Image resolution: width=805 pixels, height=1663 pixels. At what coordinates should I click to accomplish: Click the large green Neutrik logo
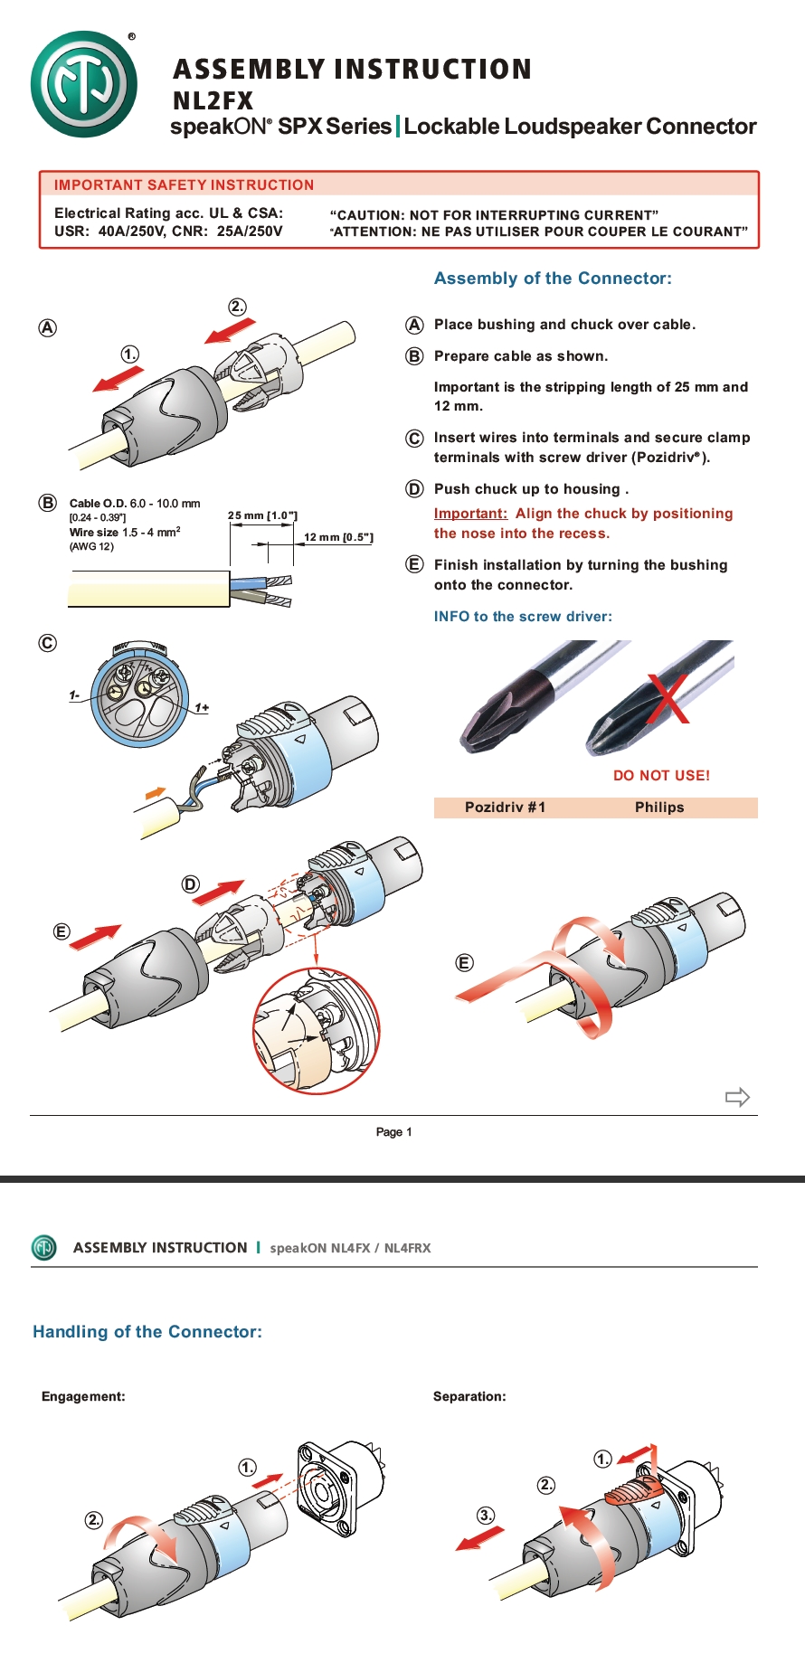[84, 84]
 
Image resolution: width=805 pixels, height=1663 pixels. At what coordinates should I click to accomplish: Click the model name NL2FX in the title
[213, 100]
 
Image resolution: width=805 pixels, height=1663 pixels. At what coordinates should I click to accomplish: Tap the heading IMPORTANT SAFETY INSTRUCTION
[184, 184]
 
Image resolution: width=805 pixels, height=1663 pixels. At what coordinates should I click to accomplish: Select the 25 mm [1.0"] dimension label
[262, 515]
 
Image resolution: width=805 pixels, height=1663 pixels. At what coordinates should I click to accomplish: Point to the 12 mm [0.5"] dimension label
[338, 537]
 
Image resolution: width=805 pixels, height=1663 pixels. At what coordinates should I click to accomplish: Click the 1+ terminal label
[202, 707]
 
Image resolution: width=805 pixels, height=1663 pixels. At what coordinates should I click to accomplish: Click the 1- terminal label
[74, 695]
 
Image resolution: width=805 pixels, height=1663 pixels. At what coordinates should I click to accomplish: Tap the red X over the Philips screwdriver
[668, 698]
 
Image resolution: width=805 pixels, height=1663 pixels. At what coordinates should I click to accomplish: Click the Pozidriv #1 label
[505, 808]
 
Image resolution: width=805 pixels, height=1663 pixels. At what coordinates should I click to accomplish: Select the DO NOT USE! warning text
[661, 775]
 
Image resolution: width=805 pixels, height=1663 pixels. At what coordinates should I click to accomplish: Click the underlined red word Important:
[470, 514]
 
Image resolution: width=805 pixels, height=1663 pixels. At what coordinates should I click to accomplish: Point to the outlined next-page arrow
[737, 1097]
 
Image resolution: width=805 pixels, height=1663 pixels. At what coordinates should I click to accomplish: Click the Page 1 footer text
[393, 1131]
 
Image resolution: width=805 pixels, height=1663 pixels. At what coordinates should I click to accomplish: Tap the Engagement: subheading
[83, 1396]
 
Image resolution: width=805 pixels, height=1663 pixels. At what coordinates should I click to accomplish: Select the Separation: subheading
[469, 1396]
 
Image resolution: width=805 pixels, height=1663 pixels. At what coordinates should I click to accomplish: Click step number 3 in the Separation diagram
[486, 1515]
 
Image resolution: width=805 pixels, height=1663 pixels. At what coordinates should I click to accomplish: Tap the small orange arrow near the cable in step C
[156, 792]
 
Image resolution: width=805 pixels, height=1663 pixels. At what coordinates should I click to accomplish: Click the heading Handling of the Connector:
[147, 1331]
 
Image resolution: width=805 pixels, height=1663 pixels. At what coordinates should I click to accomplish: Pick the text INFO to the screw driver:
[523, 616]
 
